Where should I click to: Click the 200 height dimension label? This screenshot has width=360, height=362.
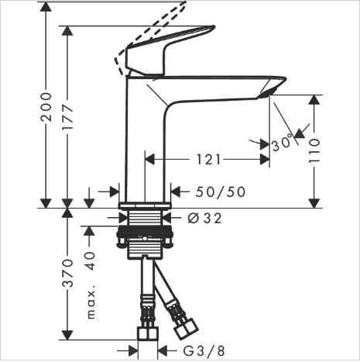[x=46, y=107]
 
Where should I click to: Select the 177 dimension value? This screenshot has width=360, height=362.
[x=68, y=117]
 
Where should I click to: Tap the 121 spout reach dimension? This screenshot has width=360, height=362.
[x=208, y=160]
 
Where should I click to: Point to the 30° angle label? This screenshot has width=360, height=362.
[x=283, y=142]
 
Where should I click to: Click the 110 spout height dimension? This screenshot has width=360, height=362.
[x=314, y=150]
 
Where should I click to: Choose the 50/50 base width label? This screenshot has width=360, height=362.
[x=220, y=192]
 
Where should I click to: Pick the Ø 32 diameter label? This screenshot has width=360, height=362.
[x=204, y=219]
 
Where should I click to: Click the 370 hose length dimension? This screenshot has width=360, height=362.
[x=68, y=273]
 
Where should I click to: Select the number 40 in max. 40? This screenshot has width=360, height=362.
[x=90, y=260]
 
